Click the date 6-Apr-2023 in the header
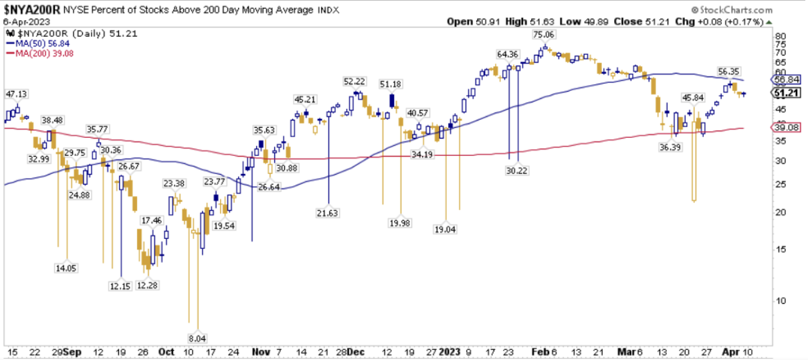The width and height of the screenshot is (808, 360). pos(23,21)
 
